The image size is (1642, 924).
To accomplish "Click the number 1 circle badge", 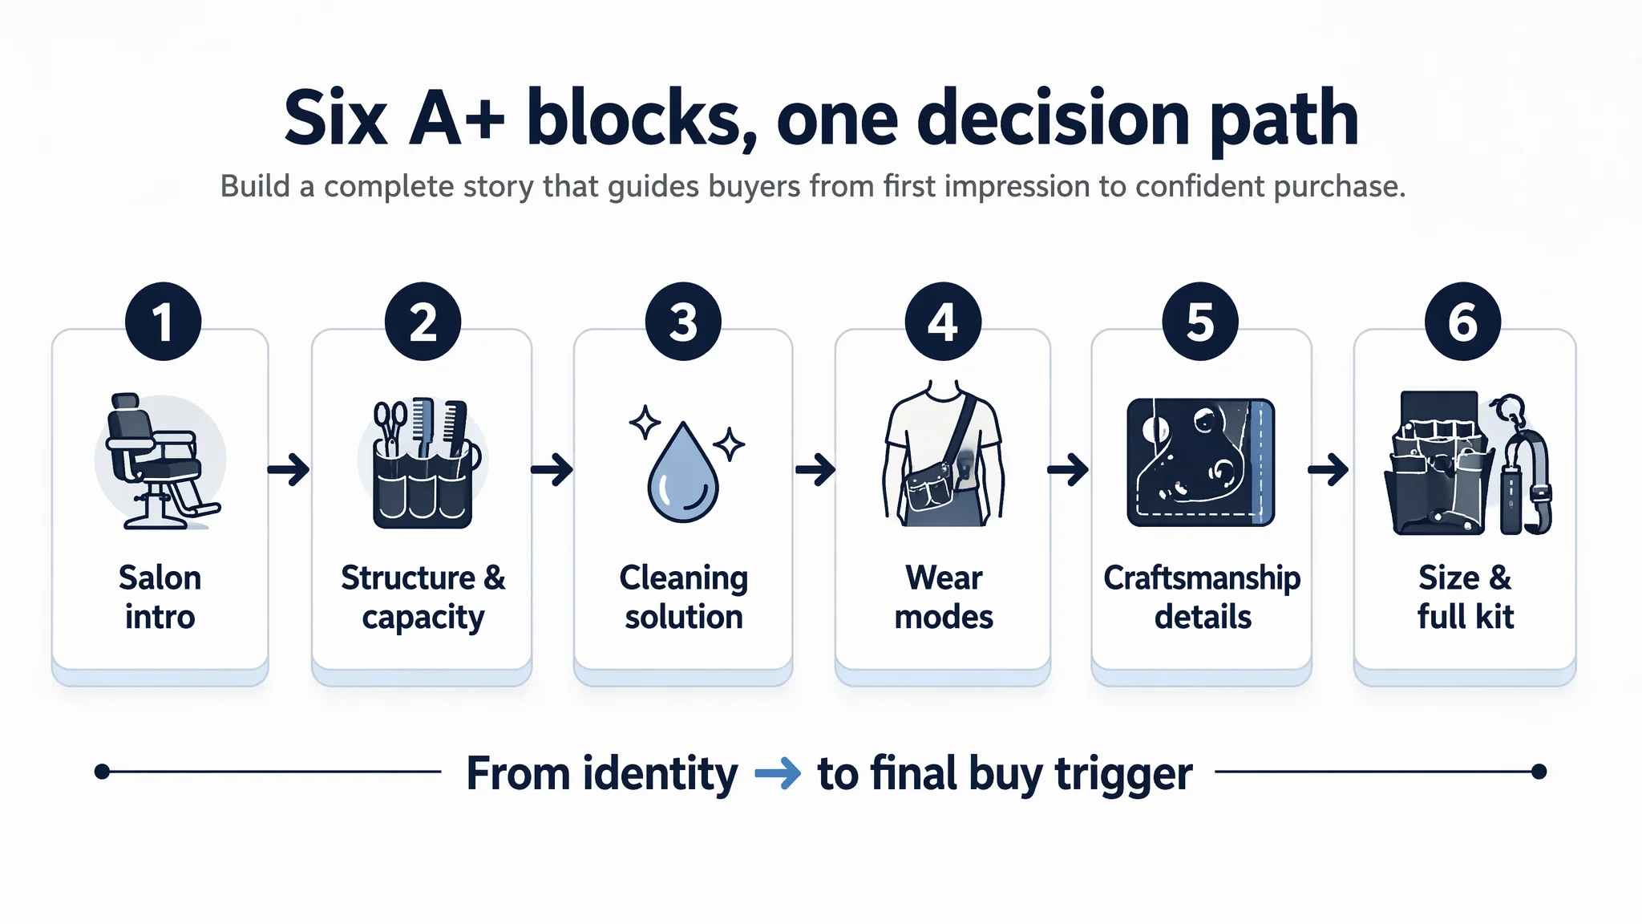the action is coord(163,322).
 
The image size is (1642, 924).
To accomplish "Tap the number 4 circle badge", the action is coord(943,322).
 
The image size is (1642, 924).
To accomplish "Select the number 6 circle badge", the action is coord(1462,322).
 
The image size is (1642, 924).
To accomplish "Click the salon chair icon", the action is coord(160,460).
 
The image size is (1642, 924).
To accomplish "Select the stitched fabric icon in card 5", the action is coord(1200,462).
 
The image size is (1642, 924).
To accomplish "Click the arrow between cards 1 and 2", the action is coord(289,469).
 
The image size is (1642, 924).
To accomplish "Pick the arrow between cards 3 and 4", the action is coord(815,469).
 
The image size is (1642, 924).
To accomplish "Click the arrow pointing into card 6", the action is coord(1328,469).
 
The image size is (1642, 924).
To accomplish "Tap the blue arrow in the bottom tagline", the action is coord(778,773).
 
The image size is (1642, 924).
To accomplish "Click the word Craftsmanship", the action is coord(1202,577).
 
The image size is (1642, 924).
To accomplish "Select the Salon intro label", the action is coord(160,598).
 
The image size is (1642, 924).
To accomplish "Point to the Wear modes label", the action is coord(944,598).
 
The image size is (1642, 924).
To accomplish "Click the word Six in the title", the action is coord(336,119).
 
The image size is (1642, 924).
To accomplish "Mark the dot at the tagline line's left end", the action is coord(102,772).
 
